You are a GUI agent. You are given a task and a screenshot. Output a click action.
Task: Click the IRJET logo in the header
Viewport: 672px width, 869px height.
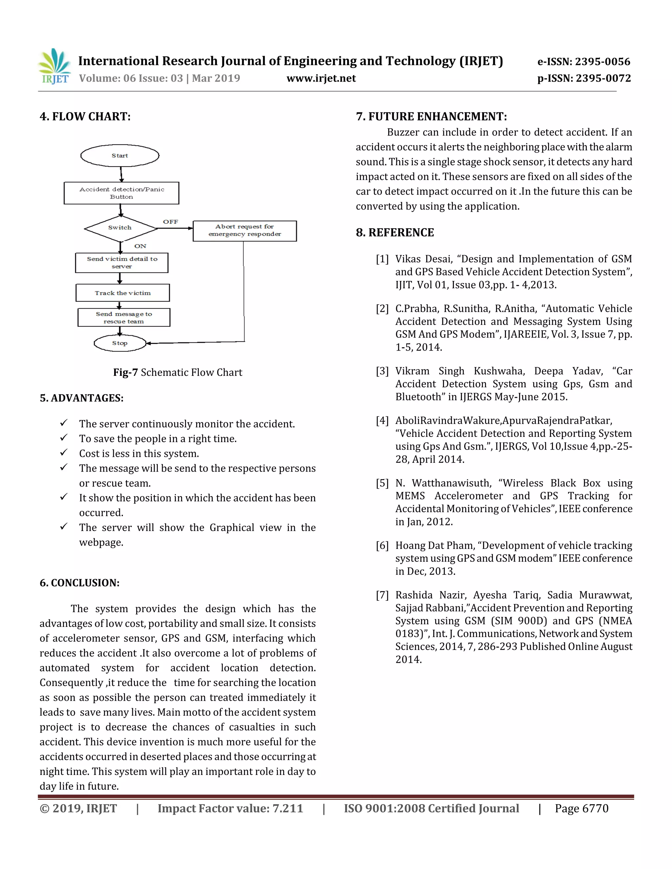pos(54,67)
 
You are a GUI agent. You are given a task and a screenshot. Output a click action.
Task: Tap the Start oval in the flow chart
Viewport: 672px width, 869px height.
pos(120,155)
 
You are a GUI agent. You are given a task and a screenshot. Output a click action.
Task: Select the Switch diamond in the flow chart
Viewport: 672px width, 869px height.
pos(120,228)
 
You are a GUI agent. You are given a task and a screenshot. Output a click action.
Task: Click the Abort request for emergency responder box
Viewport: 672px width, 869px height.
pos(244,231)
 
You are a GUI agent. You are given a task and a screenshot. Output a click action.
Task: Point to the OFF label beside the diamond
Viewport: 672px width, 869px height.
pos(170,222)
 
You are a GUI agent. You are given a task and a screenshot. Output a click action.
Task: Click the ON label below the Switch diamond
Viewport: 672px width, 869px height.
pos(140,246)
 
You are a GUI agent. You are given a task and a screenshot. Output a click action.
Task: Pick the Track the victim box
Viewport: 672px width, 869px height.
pos(123,293)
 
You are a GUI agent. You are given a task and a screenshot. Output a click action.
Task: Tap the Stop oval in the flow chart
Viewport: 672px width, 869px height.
pos(120,343)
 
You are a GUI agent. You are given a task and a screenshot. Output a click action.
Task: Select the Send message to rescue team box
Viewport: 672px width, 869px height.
pos(124,317)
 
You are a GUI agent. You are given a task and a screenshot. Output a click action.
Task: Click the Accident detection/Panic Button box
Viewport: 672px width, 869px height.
pos(121,193)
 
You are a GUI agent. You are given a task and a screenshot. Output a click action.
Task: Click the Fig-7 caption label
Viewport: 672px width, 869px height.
pos(125,373)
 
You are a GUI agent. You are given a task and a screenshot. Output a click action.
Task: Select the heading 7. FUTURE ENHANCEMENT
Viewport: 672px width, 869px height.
pos(431,117)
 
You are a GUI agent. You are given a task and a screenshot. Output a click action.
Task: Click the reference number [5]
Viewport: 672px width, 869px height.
pos(382,483)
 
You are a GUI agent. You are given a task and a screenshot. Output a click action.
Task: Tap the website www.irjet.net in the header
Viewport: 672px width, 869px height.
pos(321,78)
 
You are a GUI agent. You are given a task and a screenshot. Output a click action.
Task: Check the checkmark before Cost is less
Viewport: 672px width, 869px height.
pos(64,453)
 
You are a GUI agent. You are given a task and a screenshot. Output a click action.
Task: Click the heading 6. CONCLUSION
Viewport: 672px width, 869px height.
pos(80,583)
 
